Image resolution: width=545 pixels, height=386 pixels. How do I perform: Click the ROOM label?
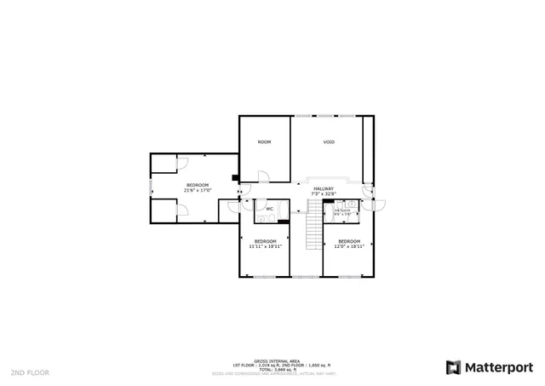click(264, 141)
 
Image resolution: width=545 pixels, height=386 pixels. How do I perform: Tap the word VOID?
click(328, 141)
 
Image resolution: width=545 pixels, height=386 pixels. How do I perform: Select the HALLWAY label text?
click(324, 188)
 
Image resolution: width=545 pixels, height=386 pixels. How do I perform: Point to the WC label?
click(269, 209)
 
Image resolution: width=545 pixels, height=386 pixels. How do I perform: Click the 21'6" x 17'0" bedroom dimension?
click(198, 191)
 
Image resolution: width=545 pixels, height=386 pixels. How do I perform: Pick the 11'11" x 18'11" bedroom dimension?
click(265, 246)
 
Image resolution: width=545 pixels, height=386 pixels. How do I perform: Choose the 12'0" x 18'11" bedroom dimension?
click(349, 246)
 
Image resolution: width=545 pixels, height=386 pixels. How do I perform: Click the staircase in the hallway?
click(313, 227)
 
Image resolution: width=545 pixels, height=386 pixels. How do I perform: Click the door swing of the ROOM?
click(264, 176)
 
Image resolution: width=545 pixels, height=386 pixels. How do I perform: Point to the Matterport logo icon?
click(454, 367)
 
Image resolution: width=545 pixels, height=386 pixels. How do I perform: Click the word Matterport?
click(498, 367)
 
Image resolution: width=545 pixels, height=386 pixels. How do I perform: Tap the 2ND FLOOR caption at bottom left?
click(30, 372)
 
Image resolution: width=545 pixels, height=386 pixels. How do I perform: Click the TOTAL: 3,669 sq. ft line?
click(272, 370)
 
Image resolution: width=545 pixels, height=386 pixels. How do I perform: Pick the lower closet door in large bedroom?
click(181, 214)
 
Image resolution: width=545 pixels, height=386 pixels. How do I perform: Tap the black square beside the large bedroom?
click(235, 178)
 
